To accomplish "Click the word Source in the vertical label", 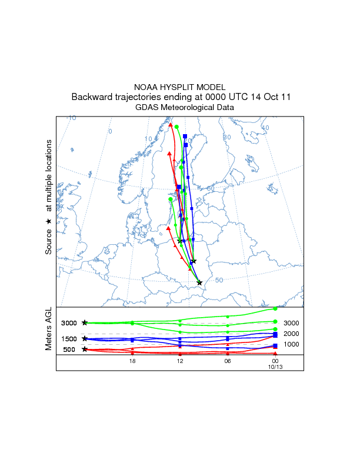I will pyautogui.click(x=49, y=241).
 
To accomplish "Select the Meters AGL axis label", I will pyautogui.click(x=49, y=330).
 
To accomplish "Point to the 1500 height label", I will pyautogui.click(x=69, y=339).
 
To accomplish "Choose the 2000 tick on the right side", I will pyautogui.click(x=292, y=334).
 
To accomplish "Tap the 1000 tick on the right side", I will pyautogui.click(x=292, y=345).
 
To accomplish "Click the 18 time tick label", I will pyautogui.click(x=132, y=361).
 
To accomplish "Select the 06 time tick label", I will pyautogui.click(x=228, y=361).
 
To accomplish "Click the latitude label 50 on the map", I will pyautogui.click(x=219, y=280).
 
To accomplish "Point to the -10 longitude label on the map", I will pyautogui.click(x=71, y=118).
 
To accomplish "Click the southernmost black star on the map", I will pyautogui.click(x=199, y=282).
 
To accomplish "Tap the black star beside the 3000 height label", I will pyautogui.click(x=85, y=322).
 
